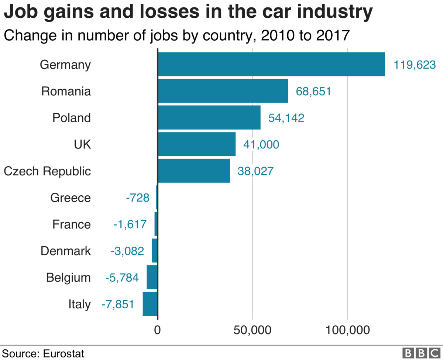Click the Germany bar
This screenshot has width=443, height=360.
pos(271,64)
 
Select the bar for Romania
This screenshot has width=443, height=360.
pos(223,91)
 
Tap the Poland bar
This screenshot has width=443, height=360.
pos(209,117)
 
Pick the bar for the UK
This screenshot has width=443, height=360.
pos(197,144)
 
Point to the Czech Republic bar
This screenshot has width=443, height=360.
pos(194,171)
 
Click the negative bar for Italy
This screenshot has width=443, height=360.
pos(150,304)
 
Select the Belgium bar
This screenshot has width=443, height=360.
pos(152,277)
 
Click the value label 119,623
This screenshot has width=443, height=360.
pos(415,65)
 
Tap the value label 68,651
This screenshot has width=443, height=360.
pos(313,92)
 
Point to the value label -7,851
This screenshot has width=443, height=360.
pos(117,304)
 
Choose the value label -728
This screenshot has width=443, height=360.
pos(137,198)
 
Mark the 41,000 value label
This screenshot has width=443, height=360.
pos(261,145)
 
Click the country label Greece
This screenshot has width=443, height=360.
pos(70,198)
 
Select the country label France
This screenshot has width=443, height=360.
pos(71,224)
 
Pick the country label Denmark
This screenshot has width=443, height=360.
pos(65,251)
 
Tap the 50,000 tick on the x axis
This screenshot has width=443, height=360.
pos(252,330)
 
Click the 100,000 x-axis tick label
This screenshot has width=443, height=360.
pos(347,330)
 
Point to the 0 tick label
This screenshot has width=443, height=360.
pos(158,330)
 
